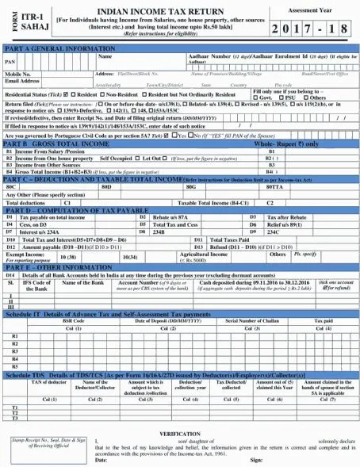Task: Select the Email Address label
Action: click(x=23, y=80)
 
